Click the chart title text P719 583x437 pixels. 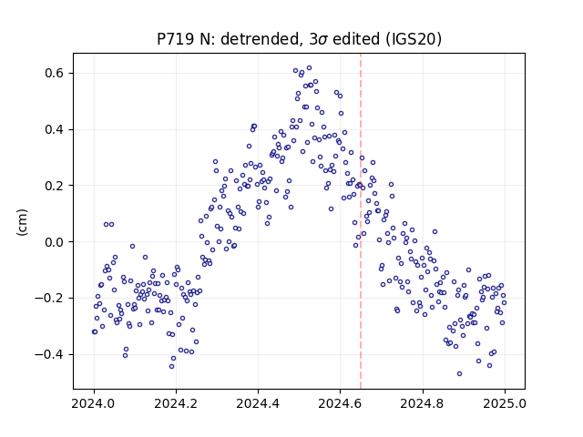click(x=176, y=39)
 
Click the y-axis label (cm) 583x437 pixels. click(x=22, y=222)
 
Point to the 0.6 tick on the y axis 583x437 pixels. click(x=55, y=73)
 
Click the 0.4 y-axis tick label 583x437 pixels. click(x=55, y=129)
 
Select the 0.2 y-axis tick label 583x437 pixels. click(x=55, y=186)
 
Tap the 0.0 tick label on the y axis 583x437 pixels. click(x=55, y=242)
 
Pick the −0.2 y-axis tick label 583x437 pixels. click(x=49, y=298)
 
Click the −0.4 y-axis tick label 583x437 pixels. click(x=49, y=354)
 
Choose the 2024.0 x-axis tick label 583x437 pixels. click(x=94, y=403)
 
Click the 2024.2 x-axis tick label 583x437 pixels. click(x=176, y=403)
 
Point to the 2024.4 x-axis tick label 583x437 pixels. click(x=258, y=403)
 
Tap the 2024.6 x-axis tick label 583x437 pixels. click(x=340, y=403)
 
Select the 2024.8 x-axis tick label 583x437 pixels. click(x=423, y=403)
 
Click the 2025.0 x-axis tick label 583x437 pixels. click(x=505, y=403)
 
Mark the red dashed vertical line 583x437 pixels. click(x=361, y=221)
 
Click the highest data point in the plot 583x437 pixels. click(x=309, y=68)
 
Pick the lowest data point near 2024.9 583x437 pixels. click(x=459, y=374)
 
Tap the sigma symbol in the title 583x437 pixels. click(x=323, y=40)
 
